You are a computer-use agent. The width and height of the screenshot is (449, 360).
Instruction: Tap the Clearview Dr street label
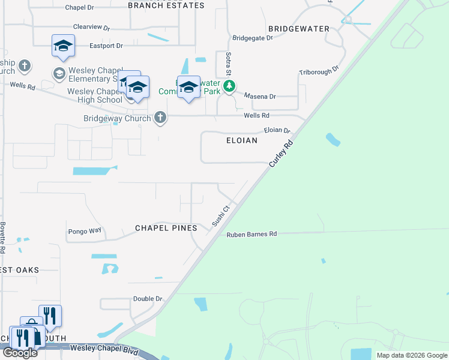[92, 28]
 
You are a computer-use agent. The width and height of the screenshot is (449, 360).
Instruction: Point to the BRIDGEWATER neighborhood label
[299, 29]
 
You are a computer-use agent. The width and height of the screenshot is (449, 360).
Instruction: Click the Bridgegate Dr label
[252, 37]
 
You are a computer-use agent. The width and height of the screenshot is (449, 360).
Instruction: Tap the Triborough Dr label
[319, 71]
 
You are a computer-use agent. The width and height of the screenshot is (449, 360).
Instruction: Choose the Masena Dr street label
[260, 96]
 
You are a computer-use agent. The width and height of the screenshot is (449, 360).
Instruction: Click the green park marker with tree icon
[229, 87]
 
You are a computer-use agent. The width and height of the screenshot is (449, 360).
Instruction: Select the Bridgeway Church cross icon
[160, 118]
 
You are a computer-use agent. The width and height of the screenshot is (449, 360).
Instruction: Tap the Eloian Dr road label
[277, 130]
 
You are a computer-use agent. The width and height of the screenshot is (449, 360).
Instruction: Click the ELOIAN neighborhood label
[241, 140]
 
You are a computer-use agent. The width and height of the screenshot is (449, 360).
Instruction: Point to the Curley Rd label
[280, 153]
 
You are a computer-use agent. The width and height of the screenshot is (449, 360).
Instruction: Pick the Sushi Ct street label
[221, 217]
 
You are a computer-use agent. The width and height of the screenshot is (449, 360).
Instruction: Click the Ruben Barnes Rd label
[252, 235]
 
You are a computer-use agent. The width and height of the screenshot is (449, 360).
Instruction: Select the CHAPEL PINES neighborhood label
[166, 228]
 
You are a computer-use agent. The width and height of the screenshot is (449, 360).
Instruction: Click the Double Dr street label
[148, 298]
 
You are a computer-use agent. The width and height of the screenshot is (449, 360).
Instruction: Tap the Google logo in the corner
[20, 353]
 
